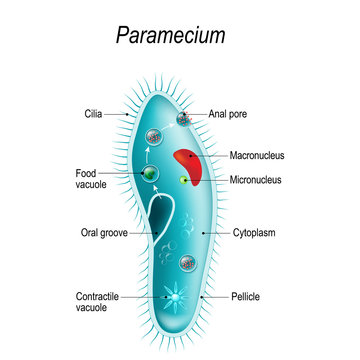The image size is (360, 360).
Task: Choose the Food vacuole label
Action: point(92,178)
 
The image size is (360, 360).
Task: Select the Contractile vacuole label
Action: point(100,303)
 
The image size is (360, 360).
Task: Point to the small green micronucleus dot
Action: point(184,180)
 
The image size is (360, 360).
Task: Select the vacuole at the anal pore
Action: point(185,119)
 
